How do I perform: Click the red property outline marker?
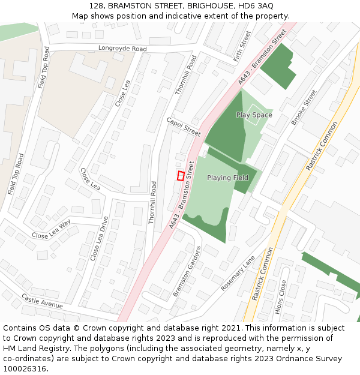point(181,176)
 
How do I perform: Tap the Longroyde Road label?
point(122,48)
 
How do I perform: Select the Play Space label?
point(254,115)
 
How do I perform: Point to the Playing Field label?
point(227,178)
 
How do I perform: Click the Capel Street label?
point(184,127)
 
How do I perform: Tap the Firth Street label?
point(243,44)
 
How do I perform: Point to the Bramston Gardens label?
point(186,271)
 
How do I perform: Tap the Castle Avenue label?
point(42,301)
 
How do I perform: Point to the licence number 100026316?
point(25,368)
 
